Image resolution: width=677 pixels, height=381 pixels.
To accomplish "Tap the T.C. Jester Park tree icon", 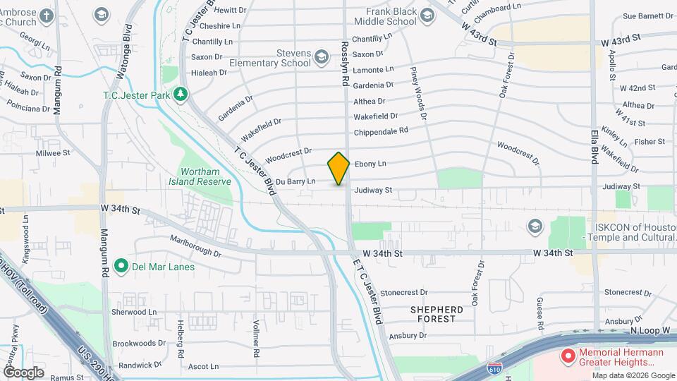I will (181, 94).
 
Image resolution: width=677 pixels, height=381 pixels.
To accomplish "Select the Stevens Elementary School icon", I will (322, 56).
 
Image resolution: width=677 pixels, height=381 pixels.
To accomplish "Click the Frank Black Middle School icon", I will (427, 15).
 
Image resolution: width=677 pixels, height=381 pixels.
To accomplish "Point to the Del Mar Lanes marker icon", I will (121, 267).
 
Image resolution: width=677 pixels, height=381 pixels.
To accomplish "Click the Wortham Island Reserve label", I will (205, 176).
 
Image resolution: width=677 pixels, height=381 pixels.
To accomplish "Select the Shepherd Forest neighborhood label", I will (437, 314).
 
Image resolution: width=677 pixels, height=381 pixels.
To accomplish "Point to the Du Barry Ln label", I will (295, 182).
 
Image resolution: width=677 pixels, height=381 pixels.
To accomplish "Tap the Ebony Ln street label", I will (370, 164).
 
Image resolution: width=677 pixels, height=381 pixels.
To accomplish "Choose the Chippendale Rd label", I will (381, 131).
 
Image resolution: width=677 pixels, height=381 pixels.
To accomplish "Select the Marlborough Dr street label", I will (195, 246).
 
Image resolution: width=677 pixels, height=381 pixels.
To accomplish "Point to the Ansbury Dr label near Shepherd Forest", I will (408, 336).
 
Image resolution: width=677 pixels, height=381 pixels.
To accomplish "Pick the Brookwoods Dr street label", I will (138, 343).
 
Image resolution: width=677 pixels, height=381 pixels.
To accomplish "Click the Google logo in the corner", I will (23, 372).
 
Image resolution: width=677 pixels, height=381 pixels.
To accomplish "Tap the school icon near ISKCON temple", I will (535, 226).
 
